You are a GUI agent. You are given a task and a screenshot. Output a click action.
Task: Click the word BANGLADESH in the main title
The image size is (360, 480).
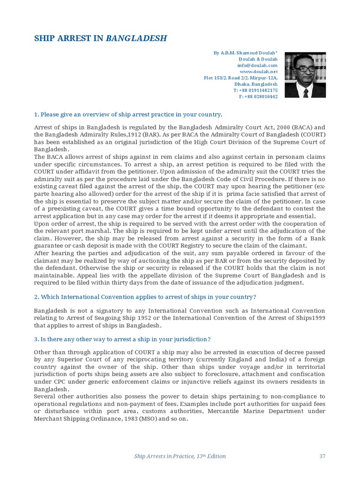pyautogui.click(x=136, y=38)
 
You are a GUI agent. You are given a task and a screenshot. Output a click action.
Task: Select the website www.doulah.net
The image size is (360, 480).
pyautogui.click(x=262, y=72)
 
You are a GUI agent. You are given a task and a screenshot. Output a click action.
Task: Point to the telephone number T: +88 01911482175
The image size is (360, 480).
pyautogui.click(x=255, y=90)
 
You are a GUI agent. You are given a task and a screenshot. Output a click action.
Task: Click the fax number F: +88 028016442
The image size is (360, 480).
pyautogui.click(x=258, y=97)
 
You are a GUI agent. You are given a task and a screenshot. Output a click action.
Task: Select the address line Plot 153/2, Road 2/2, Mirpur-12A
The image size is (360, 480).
pyautogui.click(x=241, y=78)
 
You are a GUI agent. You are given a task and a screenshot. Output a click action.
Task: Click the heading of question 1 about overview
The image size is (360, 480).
pyautogui.click(x=128, y=114)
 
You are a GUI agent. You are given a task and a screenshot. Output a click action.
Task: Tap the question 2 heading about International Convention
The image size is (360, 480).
pyautogui.click(x=145, y=297)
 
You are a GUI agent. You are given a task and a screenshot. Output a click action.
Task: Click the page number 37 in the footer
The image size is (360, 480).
pyautogui.click(x=322, y=456)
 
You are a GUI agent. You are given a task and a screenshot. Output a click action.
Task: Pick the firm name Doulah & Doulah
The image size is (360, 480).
pyautogui.click(x=259, y=60)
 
